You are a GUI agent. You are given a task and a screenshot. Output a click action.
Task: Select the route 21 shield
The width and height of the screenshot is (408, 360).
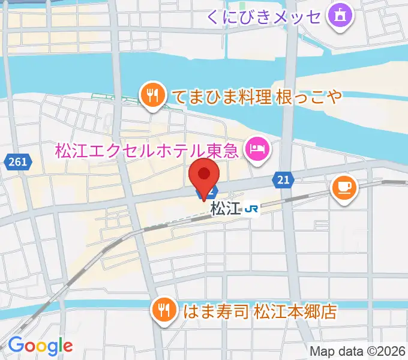pos(284,179)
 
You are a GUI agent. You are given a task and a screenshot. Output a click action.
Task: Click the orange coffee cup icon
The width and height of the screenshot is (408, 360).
pos(344,188)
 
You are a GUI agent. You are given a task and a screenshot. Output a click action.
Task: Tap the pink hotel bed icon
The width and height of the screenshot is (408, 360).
pos(258,148)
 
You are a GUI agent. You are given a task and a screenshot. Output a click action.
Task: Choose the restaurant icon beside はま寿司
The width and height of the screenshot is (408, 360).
pos(164,310)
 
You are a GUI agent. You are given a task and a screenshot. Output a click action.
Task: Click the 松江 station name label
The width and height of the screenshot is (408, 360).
pos(226,209)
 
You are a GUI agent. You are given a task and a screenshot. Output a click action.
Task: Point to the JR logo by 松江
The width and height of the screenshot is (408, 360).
pos(253,209)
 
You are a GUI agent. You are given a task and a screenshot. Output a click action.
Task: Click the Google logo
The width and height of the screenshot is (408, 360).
pos(40,346)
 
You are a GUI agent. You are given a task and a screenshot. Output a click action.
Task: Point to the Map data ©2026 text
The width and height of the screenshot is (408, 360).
pos(357,351)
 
